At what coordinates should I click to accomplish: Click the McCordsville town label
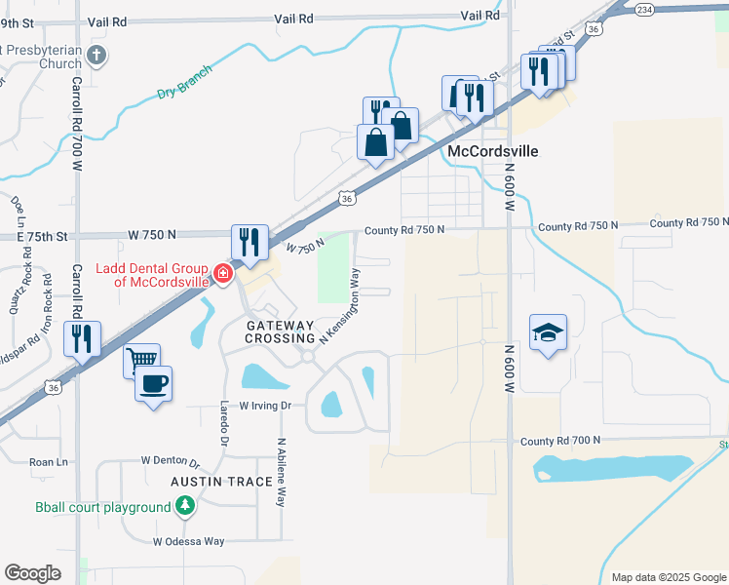492,152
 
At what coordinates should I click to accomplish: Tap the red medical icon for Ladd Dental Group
223,274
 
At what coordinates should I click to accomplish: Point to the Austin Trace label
215,482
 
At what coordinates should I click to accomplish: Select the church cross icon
96,56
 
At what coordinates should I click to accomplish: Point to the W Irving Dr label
265,405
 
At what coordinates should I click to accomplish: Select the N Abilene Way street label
281,472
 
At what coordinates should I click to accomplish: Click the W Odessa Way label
188,541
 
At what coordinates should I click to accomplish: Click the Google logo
32,573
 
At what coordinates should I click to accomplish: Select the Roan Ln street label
49,462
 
